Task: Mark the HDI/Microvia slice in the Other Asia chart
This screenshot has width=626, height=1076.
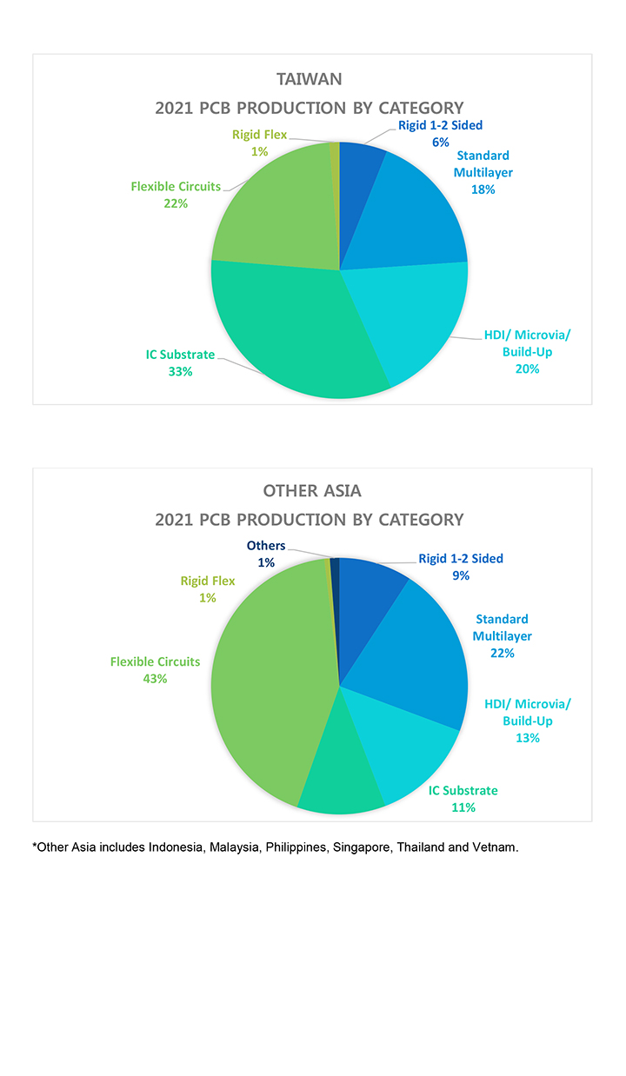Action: point(404,747)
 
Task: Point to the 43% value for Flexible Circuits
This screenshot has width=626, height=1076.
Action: point(155,679)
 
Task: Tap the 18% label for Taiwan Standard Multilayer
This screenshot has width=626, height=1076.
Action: point(483,189)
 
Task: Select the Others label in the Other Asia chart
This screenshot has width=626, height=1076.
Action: point(265,546)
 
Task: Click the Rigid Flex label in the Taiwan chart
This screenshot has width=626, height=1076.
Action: point(259,135)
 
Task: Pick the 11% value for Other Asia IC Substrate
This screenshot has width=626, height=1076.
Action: point(463,807)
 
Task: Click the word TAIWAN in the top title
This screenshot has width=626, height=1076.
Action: point(309,79)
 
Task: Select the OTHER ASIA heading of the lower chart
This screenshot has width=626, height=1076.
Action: point(311,491)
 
